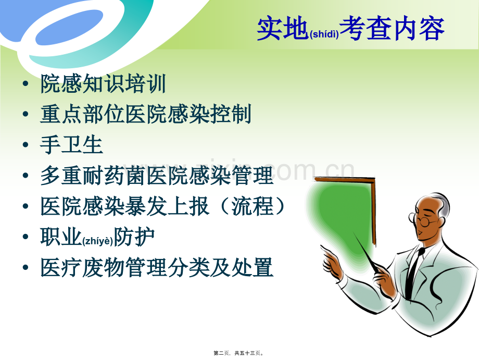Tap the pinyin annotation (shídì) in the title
click(x=324, y=34)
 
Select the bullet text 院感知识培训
click(x=103, y=84)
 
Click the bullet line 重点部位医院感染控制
click(x=146, y=115)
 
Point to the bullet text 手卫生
click(x=71, y=145)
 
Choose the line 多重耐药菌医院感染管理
click(x=156, y=176)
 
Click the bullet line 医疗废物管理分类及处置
click(x=156, y=268)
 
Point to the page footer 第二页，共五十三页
click(x=239, y=353)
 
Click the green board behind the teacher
click(x=344, y=208)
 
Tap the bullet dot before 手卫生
click(x=26, y=146)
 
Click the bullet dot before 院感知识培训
click(x=26, y=85)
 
